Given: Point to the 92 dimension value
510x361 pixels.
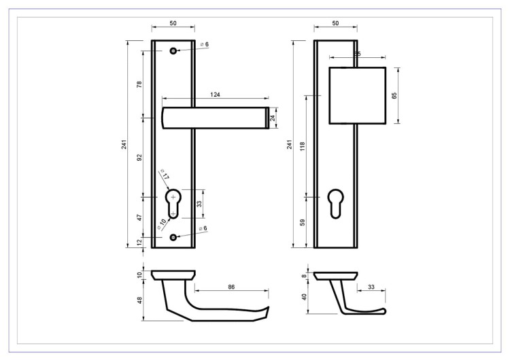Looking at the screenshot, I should point(139,158).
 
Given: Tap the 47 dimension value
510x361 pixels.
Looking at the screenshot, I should point(139,218).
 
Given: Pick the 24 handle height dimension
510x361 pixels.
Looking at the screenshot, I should point(273,118).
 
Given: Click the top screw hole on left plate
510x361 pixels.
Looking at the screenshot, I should point(173,51).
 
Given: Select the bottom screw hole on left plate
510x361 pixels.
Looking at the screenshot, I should point(173,236).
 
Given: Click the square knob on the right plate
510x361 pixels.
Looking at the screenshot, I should point(357,95).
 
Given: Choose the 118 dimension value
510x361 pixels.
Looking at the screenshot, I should point(302,145).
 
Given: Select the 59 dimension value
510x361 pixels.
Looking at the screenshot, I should point(302,222).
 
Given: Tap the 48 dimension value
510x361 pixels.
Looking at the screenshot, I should point(139,300).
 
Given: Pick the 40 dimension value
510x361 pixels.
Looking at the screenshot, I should point(303,297).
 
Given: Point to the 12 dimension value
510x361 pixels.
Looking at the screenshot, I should point(139,242).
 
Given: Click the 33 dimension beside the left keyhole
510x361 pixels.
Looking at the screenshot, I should point(199,204).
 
